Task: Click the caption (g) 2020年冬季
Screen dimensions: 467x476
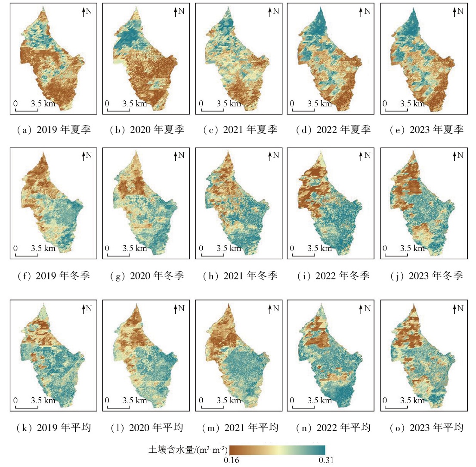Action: [145, 275]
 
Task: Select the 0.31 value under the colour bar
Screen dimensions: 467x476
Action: [326, 460]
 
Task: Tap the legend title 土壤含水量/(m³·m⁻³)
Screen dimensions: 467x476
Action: [185, 450]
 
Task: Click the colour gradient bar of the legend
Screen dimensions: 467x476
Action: [278, 450]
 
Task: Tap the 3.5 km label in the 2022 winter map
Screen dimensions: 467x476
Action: [320, 248]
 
